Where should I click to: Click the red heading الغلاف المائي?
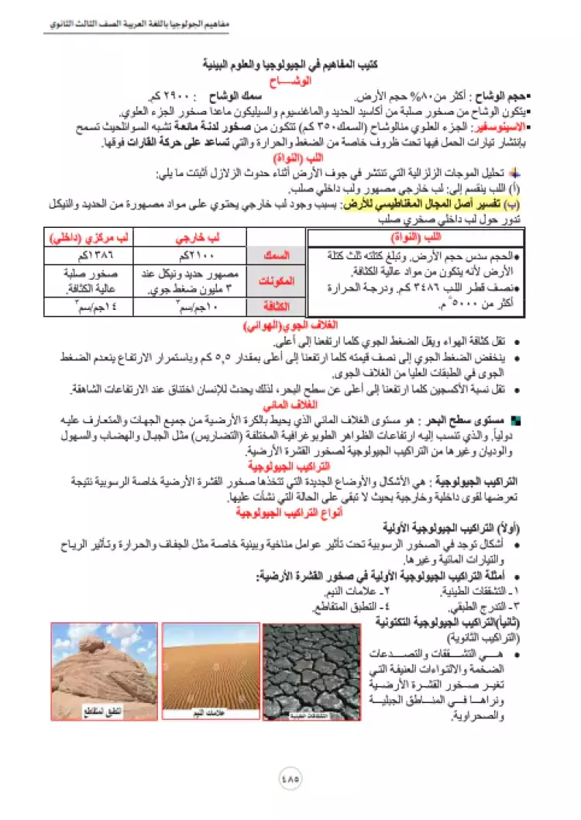pos(292,405)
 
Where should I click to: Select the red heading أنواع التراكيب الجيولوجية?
pos(292,512)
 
